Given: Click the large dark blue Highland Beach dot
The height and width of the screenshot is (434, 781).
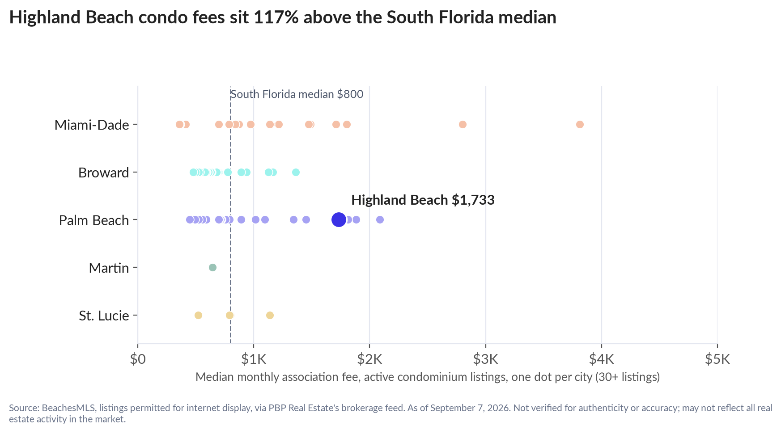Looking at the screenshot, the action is pos(339,219).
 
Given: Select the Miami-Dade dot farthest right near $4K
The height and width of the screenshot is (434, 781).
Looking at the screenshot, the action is pos(580,124).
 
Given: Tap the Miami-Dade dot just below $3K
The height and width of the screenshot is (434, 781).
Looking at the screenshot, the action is pos(463,124).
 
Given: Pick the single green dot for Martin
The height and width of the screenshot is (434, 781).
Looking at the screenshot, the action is pos(212,267).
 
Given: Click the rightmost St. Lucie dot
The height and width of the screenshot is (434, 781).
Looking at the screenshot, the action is pos(270,315).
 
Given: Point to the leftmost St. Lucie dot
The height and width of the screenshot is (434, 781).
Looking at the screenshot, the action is pos(198,315).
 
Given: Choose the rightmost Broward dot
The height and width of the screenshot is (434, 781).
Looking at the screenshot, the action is pos(296,172).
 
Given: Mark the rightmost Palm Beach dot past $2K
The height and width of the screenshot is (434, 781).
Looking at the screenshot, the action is pos(380,219).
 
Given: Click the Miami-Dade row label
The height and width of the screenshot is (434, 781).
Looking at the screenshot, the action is pos(92,125).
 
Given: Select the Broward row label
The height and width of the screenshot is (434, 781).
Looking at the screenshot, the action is pos(103,173).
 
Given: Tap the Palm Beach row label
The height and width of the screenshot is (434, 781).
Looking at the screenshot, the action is pos(94,220).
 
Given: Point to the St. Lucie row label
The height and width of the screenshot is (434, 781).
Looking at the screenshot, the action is pos(104,316).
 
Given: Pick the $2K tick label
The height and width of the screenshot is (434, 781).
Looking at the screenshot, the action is pos(369,359).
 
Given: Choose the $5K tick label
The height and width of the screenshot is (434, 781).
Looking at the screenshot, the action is pos(717,359).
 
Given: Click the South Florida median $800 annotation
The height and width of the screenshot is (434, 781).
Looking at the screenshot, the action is pos(297,94).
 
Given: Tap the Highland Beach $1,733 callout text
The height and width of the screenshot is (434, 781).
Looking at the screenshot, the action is pos(423,200).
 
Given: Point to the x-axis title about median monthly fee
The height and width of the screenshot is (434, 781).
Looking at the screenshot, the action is pos(428,377).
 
